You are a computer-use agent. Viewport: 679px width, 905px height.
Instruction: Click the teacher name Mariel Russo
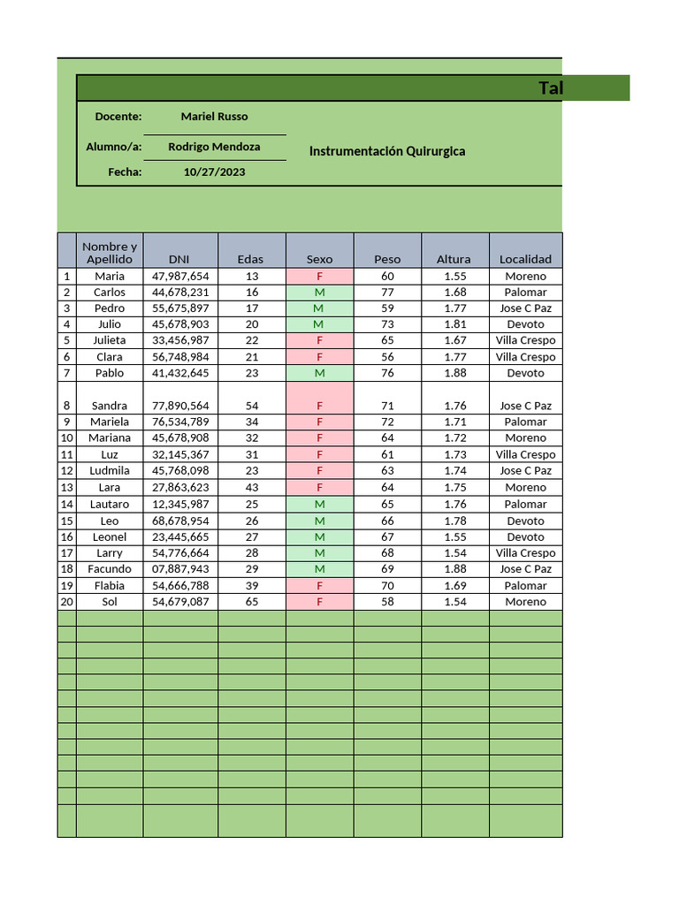[214, 117]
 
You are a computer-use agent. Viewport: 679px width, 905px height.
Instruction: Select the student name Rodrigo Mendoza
[214, 147]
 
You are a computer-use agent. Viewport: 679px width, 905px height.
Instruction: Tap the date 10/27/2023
[214, 172]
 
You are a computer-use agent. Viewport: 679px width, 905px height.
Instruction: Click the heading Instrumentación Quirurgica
[387, 151]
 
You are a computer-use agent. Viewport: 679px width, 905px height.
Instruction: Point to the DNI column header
[180, 259]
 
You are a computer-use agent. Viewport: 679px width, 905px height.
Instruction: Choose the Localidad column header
[525, 259]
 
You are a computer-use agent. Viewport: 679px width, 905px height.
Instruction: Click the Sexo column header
[319, 259]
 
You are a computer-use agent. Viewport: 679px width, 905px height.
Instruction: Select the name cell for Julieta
[110, 340]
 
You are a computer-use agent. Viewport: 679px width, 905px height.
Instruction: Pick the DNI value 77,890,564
[180, 406]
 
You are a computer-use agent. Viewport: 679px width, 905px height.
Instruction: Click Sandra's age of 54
[252, 406]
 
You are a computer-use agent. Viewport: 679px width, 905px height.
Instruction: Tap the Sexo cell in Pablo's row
[319, 373]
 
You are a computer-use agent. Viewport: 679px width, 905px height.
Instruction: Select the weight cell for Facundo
[387, 569]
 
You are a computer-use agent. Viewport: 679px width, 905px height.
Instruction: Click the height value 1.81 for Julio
[455, 324]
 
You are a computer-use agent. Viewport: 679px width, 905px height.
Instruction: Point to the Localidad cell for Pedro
[525, 308]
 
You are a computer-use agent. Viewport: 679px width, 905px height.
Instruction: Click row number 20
[66, 602]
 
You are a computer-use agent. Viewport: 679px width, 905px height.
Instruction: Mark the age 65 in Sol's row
[252, 602]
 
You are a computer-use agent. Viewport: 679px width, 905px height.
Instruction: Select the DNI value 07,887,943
[180, 569]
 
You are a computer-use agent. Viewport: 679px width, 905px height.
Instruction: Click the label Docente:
[118, 117]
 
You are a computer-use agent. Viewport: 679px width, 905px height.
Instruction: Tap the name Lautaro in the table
[110, 504]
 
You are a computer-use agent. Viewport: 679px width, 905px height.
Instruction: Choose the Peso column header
[387, 259]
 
